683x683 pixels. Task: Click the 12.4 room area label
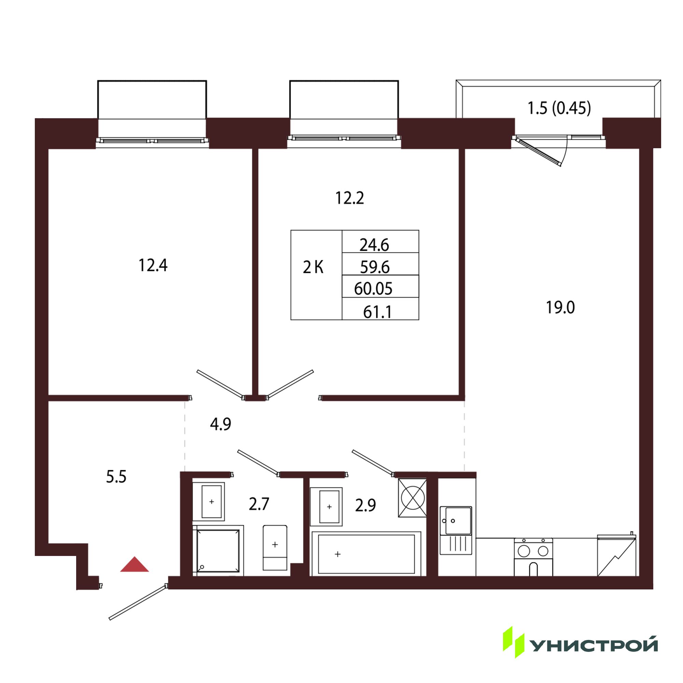pyautogui.click(x=153, y=265)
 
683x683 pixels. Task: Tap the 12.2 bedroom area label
pyautogui.click(x=349, y=198)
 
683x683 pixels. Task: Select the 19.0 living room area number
pyautogui.click(x=560, y=308)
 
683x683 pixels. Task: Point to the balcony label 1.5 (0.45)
pyautogui.click(x=559, y=108)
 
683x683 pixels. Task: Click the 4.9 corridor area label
pyautogui.click(x=221, y=424)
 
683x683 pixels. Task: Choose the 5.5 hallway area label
pyautogui.click(x=116, y=477)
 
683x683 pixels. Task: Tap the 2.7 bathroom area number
pyautogui.click(x=259, y=504)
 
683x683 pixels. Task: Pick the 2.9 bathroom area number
pyautogui.click(x=365, y=505)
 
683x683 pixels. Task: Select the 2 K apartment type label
pyautogui.click(x=313, y=268)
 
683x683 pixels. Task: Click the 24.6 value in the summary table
pyautogui.click(x=374, y=245)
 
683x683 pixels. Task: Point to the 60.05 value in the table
pyautogui.click(x=373, y=289)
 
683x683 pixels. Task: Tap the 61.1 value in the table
pyautogui.click(x=377, y=312)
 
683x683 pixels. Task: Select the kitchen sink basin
pyautogui.click(x=458, y=521)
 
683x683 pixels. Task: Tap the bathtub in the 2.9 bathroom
pyautogui.click(x=366, y=554)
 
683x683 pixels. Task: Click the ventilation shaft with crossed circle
pyautogui.click(x=413, y=498)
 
